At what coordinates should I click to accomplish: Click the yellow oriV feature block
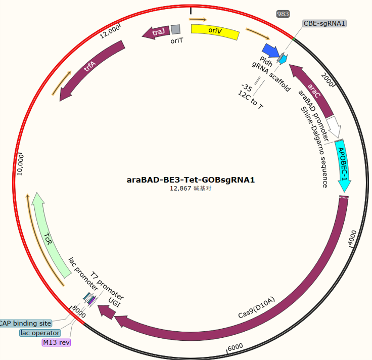point(215,31)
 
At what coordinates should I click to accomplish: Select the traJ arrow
point(156,32)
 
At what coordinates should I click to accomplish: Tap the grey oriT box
point(175,29)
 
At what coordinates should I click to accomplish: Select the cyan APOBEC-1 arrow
point(343,165)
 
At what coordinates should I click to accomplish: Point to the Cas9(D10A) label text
point(256,307)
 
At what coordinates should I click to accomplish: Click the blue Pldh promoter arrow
point(271,51)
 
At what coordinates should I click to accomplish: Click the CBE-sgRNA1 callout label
point(324,23)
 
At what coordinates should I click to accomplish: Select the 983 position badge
point(283,14)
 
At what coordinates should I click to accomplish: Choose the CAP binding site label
point(25,323)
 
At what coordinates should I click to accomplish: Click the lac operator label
point(40,333)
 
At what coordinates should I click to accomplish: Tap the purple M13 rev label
point(56,342)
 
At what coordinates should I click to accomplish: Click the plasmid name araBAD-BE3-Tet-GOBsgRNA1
point(191,180)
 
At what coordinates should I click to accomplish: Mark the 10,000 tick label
point(21,165)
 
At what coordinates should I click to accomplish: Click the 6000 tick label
point(235,347)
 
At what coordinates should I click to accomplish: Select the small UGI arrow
point(106,312)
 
